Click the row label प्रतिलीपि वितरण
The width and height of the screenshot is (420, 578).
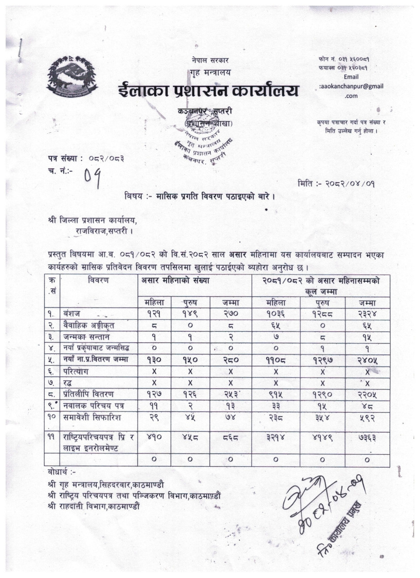pyautogui.click(x=88, y=394)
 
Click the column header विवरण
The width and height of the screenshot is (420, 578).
pyautogui.click(x=98, y=281)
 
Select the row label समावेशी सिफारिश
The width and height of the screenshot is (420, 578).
pyautogui.click(x=92, y=418)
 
